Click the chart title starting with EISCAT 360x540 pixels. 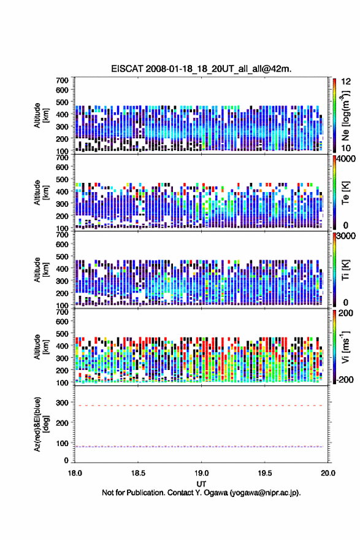pyautogui.click(x=201, y=69)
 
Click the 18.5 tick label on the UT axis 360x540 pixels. pyautogui.click(x=138, y=473)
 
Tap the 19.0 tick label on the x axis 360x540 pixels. pyautogui.click(x=201, y=473)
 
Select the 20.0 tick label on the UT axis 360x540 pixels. pyautogui.click(x=328, y=473)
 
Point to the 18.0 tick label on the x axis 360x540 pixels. pyautogui.click(x=75, y=473)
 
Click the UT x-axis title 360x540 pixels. pyautogui.click(x=201, y=484)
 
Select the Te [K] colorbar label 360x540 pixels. pyautogui.click(x=345, y=193)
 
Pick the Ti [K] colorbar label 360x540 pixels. pyautogui.click(x=345, y=269)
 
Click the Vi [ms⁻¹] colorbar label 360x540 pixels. pyautogui.click(x=345, y=347)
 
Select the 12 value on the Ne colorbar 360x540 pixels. pyautogui.click(x=346, y=82)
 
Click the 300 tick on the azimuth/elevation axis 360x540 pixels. pyautogui.click(x=63, y=403)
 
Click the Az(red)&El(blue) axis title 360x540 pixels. pyautogui.click(x=40, y=424)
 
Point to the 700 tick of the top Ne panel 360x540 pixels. pyautogui.click(x=63, y=80)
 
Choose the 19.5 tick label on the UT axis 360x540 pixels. pyautogui.click(x=265, y=473)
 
